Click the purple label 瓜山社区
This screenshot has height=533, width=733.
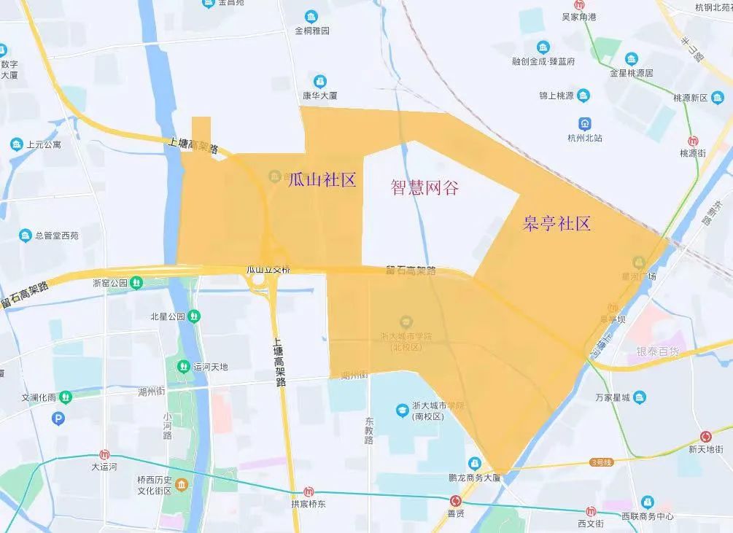(322, 180)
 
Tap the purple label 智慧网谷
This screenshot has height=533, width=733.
(424, 187)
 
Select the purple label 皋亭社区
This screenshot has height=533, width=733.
(556, 223)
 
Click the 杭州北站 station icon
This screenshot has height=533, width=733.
(585, 123)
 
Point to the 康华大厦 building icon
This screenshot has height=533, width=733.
(319, 81)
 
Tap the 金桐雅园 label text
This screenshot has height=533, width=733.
(312, 31)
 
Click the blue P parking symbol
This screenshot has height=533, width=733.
(59, 418)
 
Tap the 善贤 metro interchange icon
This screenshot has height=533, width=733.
(456, 501)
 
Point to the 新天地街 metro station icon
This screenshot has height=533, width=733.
(705, 437)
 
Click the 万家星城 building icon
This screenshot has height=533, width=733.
(640, 397)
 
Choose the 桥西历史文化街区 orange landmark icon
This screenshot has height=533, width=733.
(182, 485)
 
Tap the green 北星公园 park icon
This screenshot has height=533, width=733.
(193, 316)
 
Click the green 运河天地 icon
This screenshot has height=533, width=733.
(185, 366)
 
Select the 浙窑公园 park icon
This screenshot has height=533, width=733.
(136, 282)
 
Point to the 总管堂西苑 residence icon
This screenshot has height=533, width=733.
(26, 236)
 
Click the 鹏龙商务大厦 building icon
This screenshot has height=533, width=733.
(475, 464)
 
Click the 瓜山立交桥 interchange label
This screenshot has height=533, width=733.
(268, 270)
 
